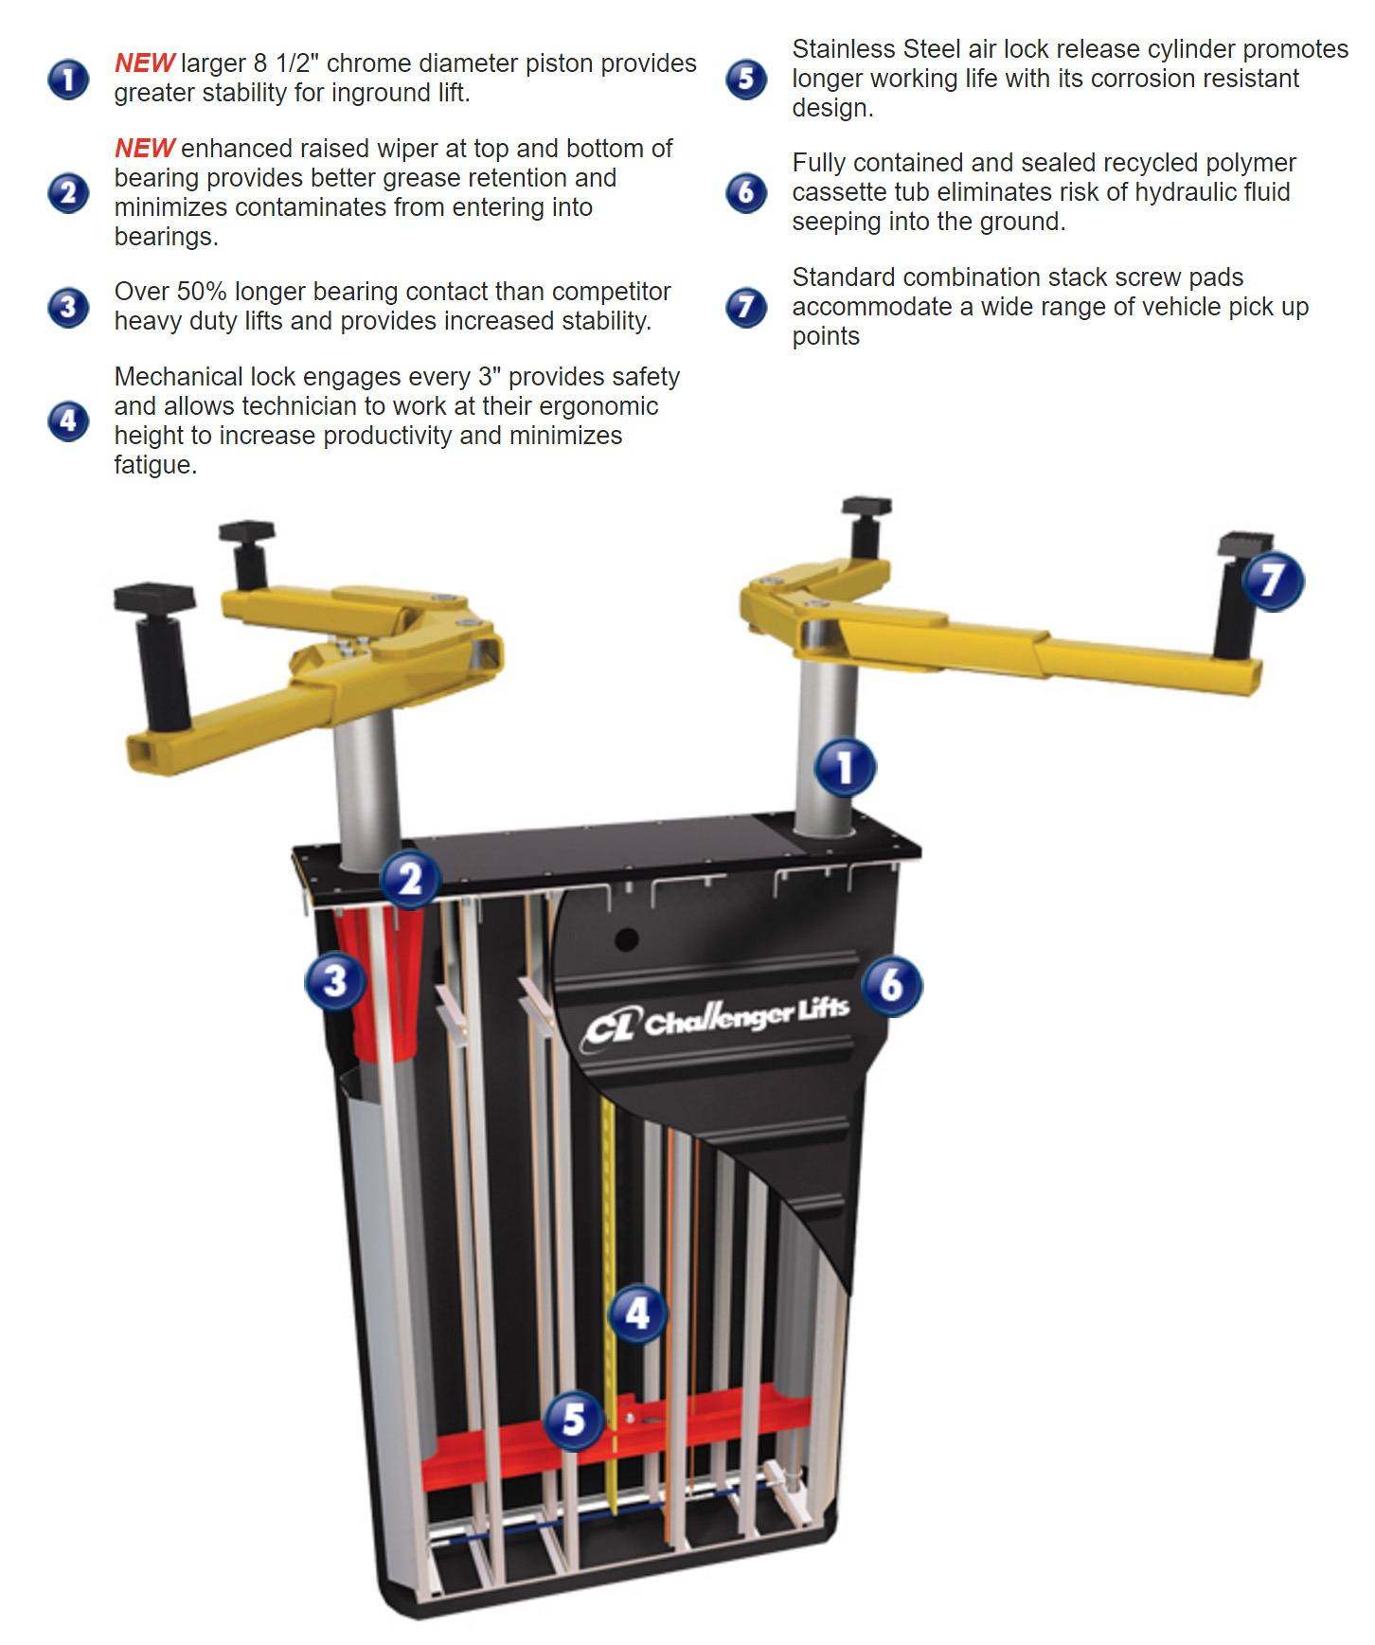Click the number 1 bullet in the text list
(x=68, y=79)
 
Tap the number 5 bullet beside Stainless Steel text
(x=746, y=79)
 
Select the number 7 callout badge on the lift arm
(x=1273, y=581)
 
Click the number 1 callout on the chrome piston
(x=846, y=766)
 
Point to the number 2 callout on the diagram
(x=410, y=880)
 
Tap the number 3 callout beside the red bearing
(x=335, y=980)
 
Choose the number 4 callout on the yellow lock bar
(x=637, y=1313)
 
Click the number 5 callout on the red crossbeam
(x=574, y=1420)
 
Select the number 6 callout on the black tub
(x=891, y=985)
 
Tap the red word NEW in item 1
(x=144, y=63)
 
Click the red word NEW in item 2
(x=144, y=149)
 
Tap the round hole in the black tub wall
(x=626, y=939)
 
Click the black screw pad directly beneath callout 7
(x=1237, y=606)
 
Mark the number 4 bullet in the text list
(x=68, y=420)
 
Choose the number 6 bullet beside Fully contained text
(x=746, y=192)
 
